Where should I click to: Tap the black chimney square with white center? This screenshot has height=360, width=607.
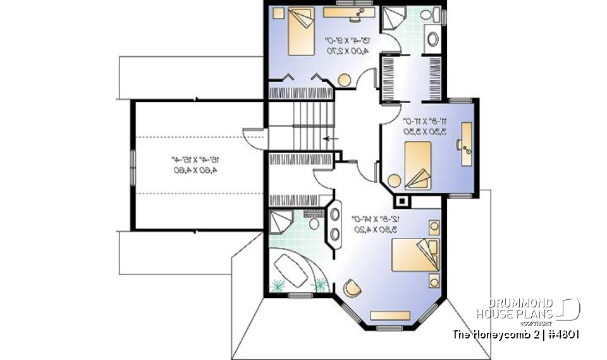point(401,202)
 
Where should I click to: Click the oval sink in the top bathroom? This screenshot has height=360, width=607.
point(433,39)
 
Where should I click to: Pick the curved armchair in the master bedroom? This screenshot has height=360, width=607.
point(352,290)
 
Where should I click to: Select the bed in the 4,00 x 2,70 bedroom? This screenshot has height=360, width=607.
point(300,31)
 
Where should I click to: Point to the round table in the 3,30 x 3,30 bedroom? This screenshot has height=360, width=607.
point(395,181)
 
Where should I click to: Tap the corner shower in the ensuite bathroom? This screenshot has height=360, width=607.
point(281,222)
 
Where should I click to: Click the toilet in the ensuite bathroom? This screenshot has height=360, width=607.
point(313,221)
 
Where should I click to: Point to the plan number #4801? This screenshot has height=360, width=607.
point(563,334)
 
